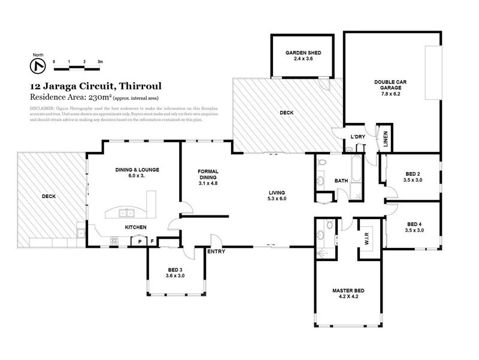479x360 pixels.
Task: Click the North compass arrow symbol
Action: [38, 64]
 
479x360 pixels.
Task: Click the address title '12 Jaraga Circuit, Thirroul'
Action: [95, 86]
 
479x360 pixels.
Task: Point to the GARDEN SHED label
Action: [303, 56]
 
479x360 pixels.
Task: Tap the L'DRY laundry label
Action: [357, 137]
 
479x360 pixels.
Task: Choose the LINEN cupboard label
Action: [386, 137]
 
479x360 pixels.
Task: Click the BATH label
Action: [341, 180]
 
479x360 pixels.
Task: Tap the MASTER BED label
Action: [348, 294]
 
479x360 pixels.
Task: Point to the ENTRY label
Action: [216, 251]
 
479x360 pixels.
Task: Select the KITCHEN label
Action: [137, 227]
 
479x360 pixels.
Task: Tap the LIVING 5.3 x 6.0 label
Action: [277, 195]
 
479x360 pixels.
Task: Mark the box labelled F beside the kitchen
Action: [152, 241]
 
